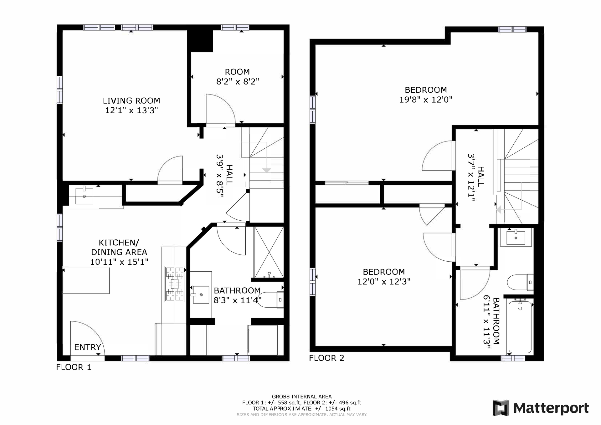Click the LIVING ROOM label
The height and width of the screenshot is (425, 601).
(131, 101)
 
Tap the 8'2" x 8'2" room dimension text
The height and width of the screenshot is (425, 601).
(238, 82)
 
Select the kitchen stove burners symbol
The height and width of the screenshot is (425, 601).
(175, 284)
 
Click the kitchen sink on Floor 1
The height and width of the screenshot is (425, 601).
(84, 196)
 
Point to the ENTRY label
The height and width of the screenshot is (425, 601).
(87, 347)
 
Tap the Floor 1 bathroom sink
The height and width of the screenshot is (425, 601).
(200, 294)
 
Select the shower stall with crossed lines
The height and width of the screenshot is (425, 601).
(269, 252)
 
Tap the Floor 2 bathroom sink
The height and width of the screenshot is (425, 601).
(516, 238)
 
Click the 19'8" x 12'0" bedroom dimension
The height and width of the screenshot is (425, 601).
(426, 100)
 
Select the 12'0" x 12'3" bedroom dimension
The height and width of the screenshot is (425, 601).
(384, 282)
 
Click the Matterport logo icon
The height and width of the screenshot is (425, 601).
(501, 408)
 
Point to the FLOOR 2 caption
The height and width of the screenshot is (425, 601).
(326, 358)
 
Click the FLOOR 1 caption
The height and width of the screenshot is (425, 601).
(74, 367)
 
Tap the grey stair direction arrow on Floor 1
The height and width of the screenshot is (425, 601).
(266, 170)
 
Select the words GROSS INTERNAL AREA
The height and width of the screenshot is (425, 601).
(301, 397)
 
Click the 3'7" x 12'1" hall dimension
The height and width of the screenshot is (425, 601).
(471, 177)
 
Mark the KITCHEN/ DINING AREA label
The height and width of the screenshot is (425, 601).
(119, 247)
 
